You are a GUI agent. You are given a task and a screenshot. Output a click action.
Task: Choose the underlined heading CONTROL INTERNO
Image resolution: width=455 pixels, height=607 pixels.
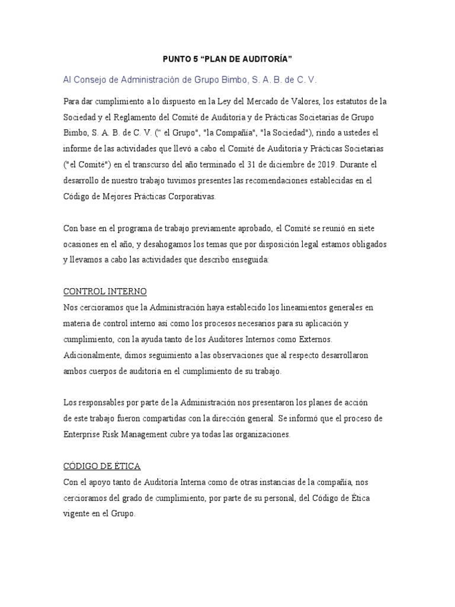coord(105,292)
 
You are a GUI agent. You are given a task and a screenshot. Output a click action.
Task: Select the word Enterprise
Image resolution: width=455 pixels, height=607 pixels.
coord(84,434)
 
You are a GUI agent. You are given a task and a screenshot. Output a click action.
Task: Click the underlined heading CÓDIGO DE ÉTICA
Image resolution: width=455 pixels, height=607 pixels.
coord(101,467)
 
